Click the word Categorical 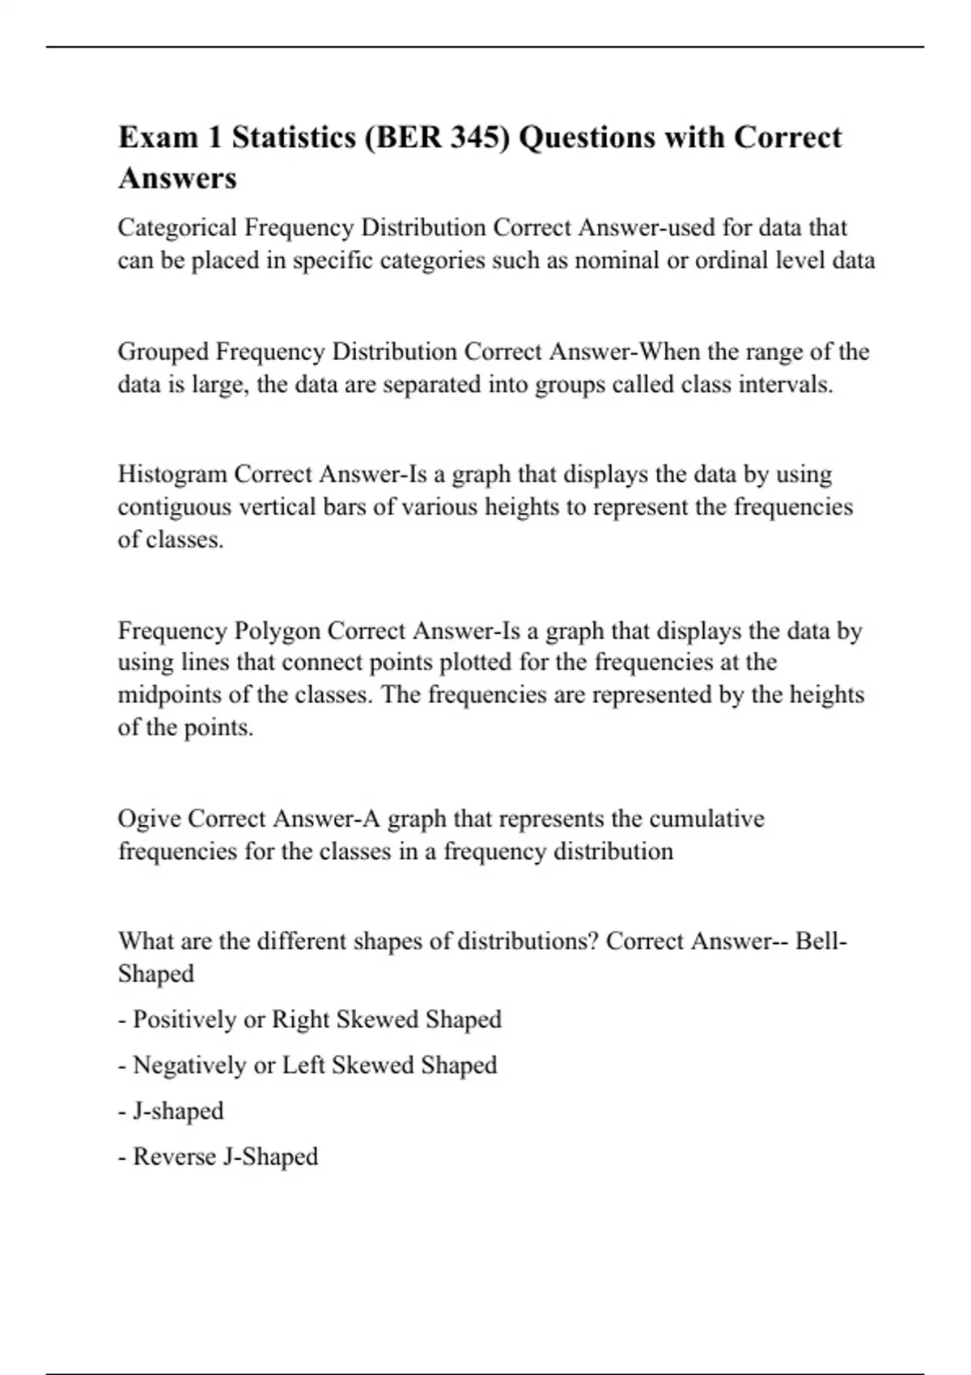(178, 228)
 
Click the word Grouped (163, 352)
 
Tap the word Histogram (173, 474)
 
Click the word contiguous (177, 507)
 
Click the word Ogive (150, 819)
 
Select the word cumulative (705, 819)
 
